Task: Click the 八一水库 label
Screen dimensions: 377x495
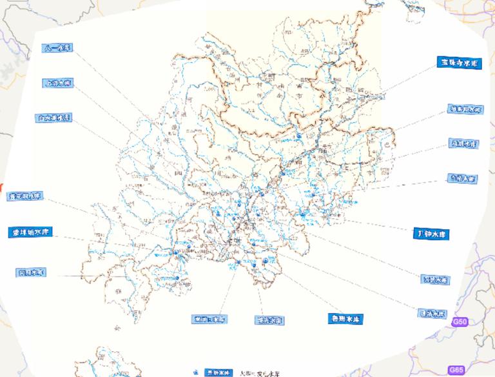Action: click(x=58, y=48)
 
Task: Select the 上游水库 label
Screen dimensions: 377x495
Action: click(x=58, y=83)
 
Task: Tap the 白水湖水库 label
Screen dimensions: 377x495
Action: click(x=53, y=118)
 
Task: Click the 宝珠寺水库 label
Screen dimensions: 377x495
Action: click(x=458, y=63)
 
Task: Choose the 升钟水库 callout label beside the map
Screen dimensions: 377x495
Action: click(x=430, y=233)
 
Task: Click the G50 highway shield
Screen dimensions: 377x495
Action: click(x=459, y=321)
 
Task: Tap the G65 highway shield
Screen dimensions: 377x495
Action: click(x=456, y=370)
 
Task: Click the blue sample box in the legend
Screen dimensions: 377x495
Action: click(x=218, y=373)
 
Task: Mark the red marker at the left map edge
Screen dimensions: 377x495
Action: click(x=2, y=186)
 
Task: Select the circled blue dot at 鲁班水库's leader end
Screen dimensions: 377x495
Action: click(x=265, y=260)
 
